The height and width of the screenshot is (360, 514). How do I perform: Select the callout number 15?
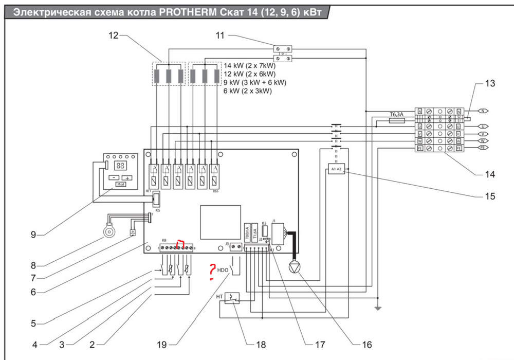click(490, 196)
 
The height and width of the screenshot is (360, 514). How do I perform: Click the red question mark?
click(212, 271)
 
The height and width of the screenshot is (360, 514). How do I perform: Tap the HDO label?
click(223, 269)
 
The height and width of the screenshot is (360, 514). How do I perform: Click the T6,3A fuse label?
click(396, 115)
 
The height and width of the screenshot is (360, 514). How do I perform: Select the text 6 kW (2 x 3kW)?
click(248, 91)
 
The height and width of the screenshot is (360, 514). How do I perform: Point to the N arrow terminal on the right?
click(483, 111)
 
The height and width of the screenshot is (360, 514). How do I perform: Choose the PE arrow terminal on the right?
click(483, 148)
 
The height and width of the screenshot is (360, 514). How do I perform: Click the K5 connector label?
click(157, 211)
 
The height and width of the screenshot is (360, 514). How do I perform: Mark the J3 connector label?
click(227, 243)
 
